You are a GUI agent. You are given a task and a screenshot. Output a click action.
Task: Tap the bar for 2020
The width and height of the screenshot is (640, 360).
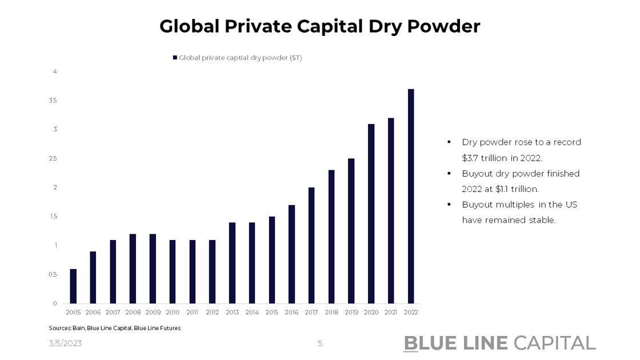371,214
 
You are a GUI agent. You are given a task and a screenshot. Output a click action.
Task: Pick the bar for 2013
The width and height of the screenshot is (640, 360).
232,263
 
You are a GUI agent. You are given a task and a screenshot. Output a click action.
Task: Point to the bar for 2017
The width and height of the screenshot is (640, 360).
311,245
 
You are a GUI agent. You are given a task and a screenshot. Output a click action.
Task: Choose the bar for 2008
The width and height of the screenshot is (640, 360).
133,269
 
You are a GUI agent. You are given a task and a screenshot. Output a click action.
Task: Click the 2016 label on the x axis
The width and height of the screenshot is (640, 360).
291,313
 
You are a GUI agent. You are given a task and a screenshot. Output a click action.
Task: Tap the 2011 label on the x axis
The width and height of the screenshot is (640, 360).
192,313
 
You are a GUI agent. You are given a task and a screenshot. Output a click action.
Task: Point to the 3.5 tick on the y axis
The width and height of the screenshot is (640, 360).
54,101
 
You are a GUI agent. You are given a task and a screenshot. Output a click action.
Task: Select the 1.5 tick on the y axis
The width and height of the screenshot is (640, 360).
54,217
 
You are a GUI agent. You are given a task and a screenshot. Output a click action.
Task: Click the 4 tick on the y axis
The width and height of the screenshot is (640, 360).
55,71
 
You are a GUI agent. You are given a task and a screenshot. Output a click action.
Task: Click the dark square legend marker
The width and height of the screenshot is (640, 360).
175,58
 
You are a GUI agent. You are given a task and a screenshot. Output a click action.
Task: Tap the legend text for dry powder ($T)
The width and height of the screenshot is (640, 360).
240,58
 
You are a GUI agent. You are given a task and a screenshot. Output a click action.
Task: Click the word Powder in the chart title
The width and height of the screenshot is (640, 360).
446,26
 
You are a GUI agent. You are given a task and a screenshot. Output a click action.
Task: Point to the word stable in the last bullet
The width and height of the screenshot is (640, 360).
542,220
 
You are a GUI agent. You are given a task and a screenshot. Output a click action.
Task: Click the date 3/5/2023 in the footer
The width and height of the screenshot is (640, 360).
65,343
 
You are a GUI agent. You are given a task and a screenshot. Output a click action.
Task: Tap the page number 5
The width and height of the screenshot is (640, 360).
320,343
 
